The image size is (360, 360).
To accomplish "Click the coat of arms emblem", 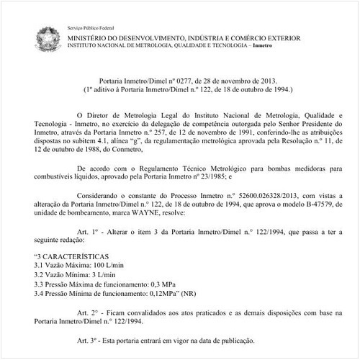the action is click(x=50, y=35).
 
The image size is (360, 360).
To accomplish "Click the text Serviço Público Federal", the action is click(x=91, y=24).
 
